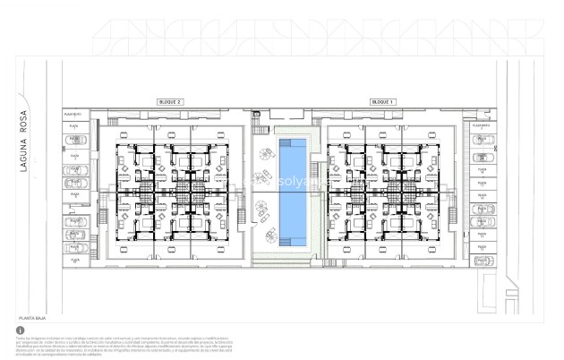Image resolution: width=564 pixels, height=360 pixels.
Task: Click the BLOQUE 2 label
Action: pyautogui.click(x=169, y=102)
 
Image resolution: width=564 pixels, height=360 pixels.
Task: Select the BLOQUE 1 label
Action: pyautogui.click(x=383, y=102)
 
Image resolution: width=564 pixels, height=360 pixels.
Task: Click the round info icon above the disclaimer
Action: pyautogui.click(x=21, y=330)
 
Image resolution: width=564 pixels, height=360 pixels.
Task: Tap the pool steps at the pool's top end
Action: pyautogui.click(x=292, y=143)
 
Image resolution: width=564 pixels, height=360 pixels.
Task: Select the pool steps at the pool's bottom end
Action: pyautogui.click(x=292, y=240)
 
